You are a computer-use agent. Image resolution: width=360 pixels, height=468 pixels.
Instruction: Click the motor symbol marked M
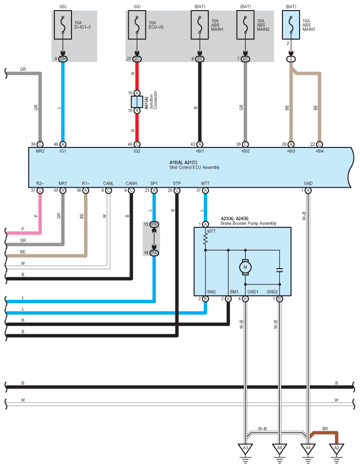click(246, 267)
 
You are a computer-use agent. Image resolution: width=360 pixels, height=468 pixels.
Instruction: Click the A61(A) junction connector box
click(137, 102)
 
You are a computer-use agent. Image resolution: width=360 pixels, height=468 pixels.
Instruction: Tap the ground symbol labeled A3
click(246, 448)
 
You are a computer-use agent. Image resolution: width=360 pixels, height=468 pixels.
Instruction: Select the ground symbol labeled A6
click(279, 448)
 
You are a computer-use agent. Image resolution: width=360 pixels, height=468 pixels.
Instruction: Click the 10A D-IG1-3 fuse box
click(63, 24)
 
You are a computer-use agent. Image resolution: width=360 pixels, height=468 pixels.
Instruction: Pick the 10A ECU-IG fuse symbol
click(137, 24)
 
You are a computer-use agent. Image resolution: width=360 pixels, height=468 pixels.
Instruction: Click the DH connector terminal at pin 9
click(63, 59)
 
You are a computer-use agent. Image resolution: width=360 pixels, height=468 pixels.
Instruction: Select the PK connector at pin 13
click(154, 224)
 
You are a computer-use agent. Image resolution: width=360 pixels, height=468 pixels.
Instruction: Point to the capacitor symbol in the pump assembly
click(279, 270)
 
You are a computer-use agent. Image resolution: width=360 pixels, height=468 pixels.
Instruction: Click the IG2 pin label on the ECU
click(137, 150)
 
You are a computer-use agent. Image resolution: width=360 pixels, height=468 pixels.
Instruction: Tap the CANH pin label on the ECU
click(131, 184)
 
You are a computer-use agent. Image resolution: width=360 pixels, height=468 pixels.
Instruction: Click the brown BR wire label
click(325, 428)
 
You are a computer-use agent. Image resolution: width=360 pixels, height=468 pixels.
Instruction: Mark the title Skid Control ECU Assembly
click(194, 167)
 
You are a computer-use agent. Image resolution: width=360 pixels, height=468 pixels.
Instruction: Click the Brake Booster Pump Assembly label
click(248, 223)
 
